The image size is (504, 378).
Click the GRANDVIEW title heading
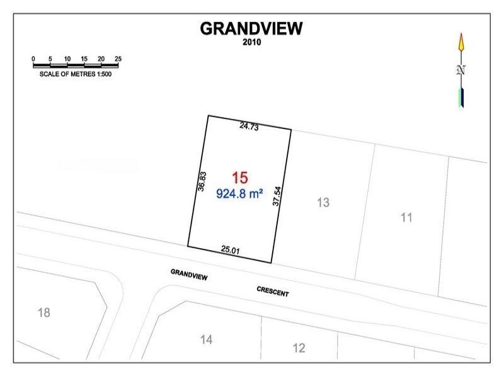tap(251, 28)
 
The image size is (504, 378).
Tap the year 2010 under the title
tap(251, 43)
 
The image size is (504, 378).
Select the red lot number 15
tap(240, 178)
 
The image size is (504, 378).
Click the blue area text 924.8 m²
tap(239, 193)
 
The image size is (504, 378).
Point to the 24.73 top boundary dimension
tap(249, 126)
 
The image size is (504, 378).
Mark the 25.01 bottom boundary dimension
tap(231, 250)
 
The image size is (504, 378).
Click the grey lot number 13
tap(323, 203)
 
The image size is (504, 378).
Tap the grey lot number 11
tap(406, 218)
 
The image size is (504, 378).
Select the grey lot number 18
tap(43, 312)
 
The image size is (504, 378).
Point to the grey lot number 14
tap(206, 340)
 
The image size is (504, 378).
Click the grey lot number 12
tap(299, 348)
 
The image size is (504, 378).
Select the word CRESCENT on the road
tap(273, 292)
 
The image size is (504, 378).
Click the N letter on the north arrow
tap(461, 71)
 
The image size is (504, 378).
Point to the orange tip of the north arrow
tap(461, 43)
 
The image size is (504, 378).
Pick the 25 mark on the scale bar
tap(118, 59)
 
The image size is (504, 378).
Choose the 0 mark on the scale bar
tap(33, 59)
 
